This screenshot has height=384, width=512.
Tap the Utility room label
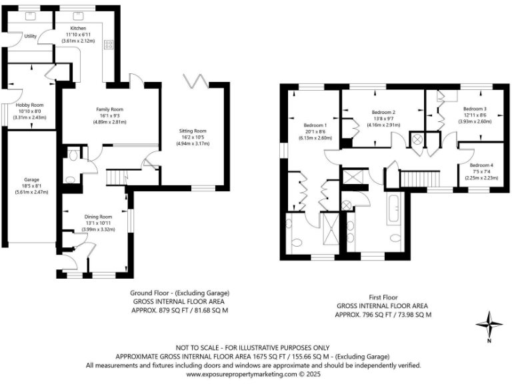[x=30, y=36]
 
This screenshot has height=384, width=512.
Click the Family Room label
[x=109, y=109]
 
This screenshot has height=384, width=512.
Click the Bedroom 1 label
[x=315, y=125]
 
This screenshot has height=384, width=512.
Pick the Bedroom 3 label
[x=475, y=109]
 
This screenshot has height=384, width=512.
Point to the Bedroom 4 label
[x=481, y=165]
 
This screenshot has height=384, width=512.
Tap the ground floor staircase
[x=118, y=178]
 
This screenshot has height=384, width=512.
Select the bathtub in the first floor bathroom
[x=393, y=209]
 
